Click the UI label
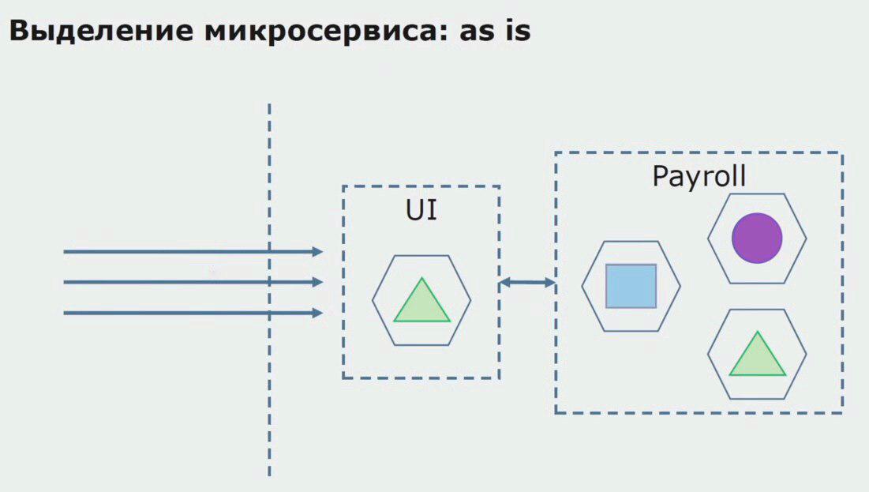(x=421, y=211)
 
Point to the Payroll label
(x=699, y=176)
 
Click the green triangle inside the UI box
(x=422, y=302)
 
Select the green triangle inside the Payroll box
(x=757, y=356)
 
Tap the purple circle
(x=757, y=237)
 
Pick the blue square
(x=631, y=286)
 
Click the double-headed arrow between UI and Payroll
(x=527, y=282)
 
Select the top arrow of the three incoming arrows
(x=189, y=252)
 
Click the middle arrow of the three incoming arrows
(x=189, y=282)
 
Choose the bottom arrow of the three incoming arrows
(x=189, y=313)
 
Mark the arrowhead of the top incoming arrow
(x=318, y=252)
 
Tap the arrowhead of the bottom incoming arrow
(x=318, y=313)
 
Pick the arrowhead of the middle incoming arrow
(x=318, y=282)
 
